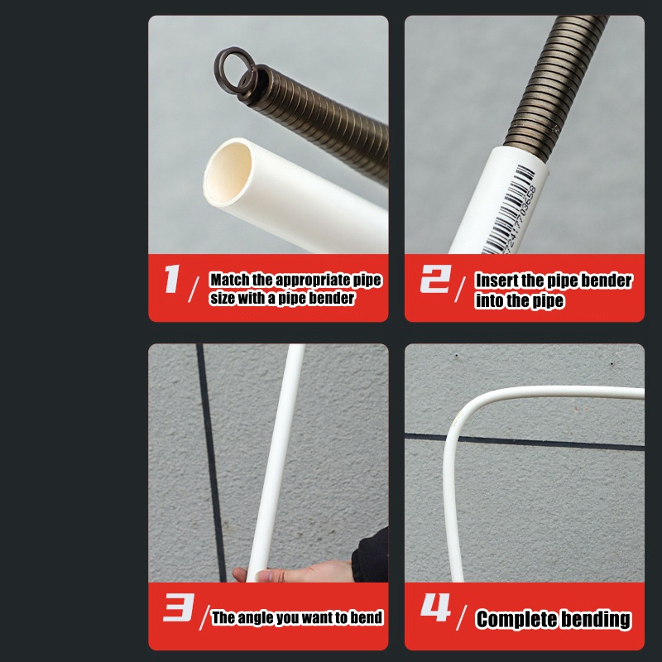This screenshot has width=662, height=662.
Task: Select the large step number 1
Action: tap(172, 279)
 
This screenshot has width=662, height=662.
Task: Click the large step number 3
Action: tap(178, 607)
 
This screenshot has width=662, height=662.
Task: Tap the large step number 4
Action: tap(436, 607)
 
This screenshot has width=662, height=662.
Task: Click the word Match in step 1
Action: tap(230, 280)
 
